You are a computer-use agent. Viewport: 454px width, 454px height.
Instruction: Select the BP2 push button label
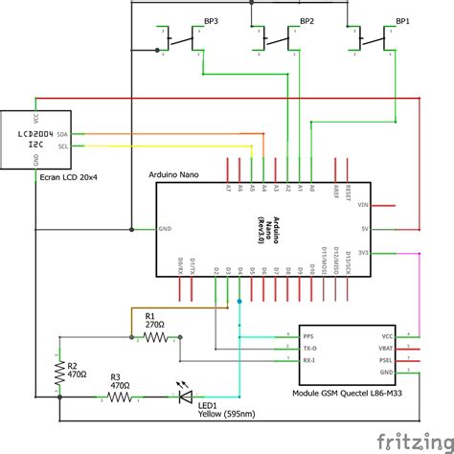click(306, 20)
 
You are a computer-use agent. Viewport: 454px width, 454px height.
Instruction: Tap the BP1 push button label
click(403, 20)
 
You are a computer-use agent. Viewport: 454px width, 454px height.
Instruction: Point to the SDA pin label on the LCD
click(62, 134)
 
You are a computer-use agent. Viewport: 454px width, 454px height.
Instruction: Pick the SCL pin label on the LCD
click(62, 147)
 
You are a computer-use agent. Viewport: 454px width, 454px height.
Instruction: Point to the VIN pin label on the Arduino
click(362, 205)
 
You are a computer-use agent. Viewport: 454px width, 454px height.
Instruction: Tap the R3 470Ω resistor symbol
click(119, 395)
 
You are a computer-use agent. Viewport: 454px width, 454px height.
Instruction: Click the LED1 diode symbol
click(185, 394)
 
